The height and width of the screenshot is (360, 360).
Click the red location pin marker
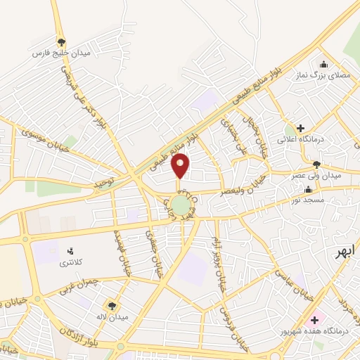pos(181,165)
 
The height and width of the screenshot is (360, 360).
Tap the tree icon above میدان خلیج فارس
pos(61,42)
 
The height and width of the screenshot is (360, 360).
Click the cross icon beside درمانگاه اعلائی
pos(301,129)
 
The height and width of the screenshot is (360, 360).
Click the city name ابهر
pos(345,251)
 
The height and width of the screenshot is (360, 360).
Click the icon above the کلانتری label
pos(70,250)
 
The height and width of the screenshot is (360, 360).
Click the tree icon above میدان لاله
pos(111,305)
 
